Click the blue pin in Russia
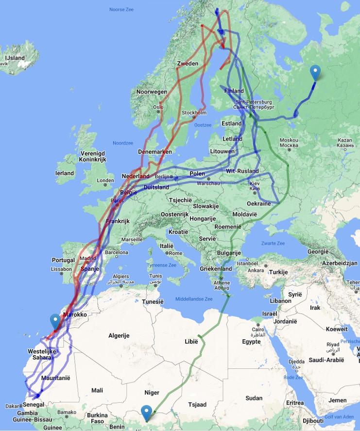click(x=316, y=73)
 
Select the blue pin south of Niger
click(x=146, y=412)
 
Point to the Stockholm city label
click(x=194, y=113)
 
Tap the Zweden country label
click(x=188, y=64)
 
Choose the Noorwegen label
click(x=152, y=92)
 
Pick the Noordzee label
click(x=122, y=143)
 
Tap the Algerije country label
click(x=120, y=335)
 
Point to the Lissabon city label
click(x=61, y=268)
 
